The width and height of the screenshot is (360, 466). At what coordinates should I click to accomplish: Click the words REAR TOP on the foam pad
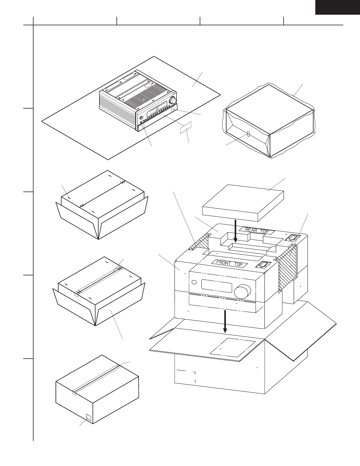pos(257,230)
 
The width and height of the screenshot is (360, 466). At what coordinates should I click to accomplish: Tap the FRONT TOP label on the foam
pos(229,263)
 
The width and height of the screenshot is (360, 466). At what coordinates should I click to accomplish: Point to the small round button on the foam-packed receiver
pos(194,283)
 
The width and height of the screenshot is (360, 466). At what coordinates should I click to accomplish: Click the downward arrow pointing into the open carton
pos(225,321)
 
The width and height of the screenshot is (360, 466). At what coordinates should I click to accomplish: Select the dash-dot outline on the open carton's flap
pos(232,348)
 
